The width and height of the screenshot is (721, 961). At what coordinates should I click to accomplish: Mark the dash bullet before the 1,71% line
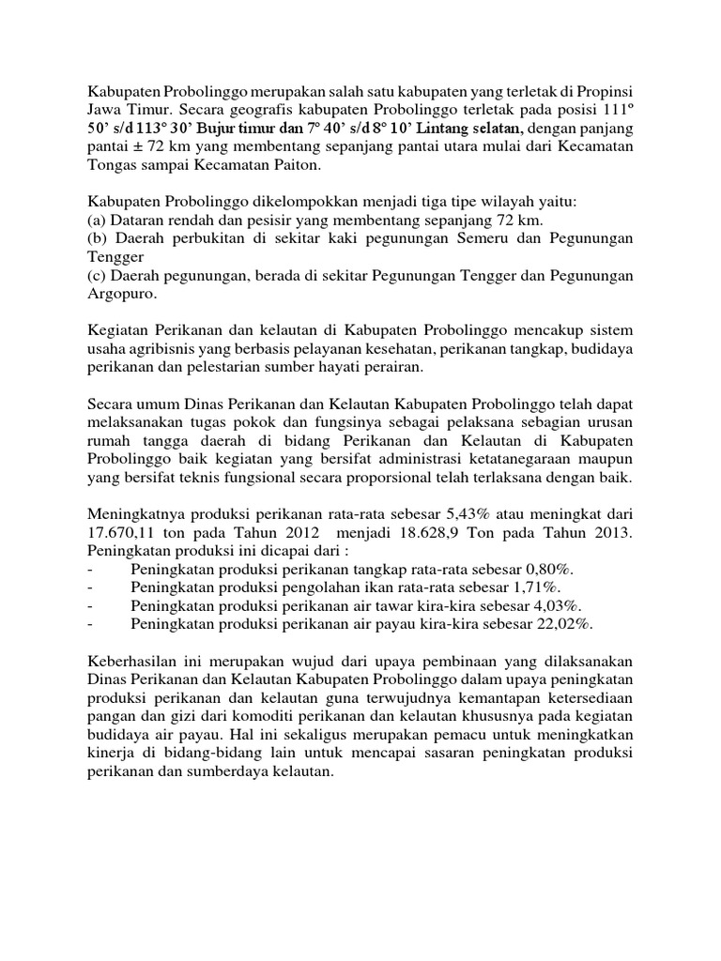click(x=90, y=587)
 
